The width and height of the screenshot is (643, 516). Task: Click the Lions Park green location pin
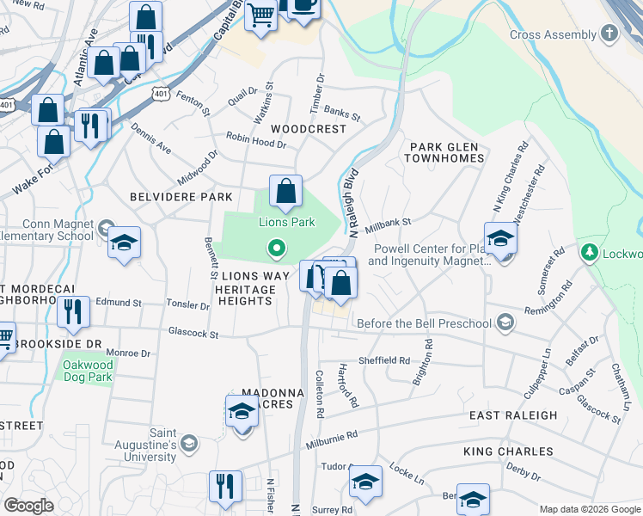[276, 249]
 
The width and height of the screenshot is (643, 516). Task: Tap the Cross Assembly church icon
[609, 35]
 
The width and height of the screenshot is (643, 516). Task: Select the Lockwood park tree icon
[590, 254]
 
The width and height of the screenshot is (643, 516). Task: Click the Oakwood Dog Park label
[88, 371]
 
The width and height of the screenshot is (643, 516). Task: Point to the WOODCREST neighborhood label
[309, 129]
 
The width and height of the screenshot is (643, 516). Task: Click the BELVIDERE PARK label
[181, 197]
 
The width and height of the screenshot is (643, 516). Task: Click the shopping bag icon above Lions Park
[285, 192]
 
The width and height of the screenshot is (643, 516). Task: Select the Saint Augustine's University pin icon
[189, 444]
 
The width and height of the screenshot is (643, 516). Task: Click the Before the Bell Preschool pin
[505, 323]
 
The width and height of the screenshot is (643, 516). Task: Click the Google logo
[28, 506]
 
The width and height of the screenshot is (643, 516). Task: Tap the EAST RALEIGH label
[513, 415]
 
